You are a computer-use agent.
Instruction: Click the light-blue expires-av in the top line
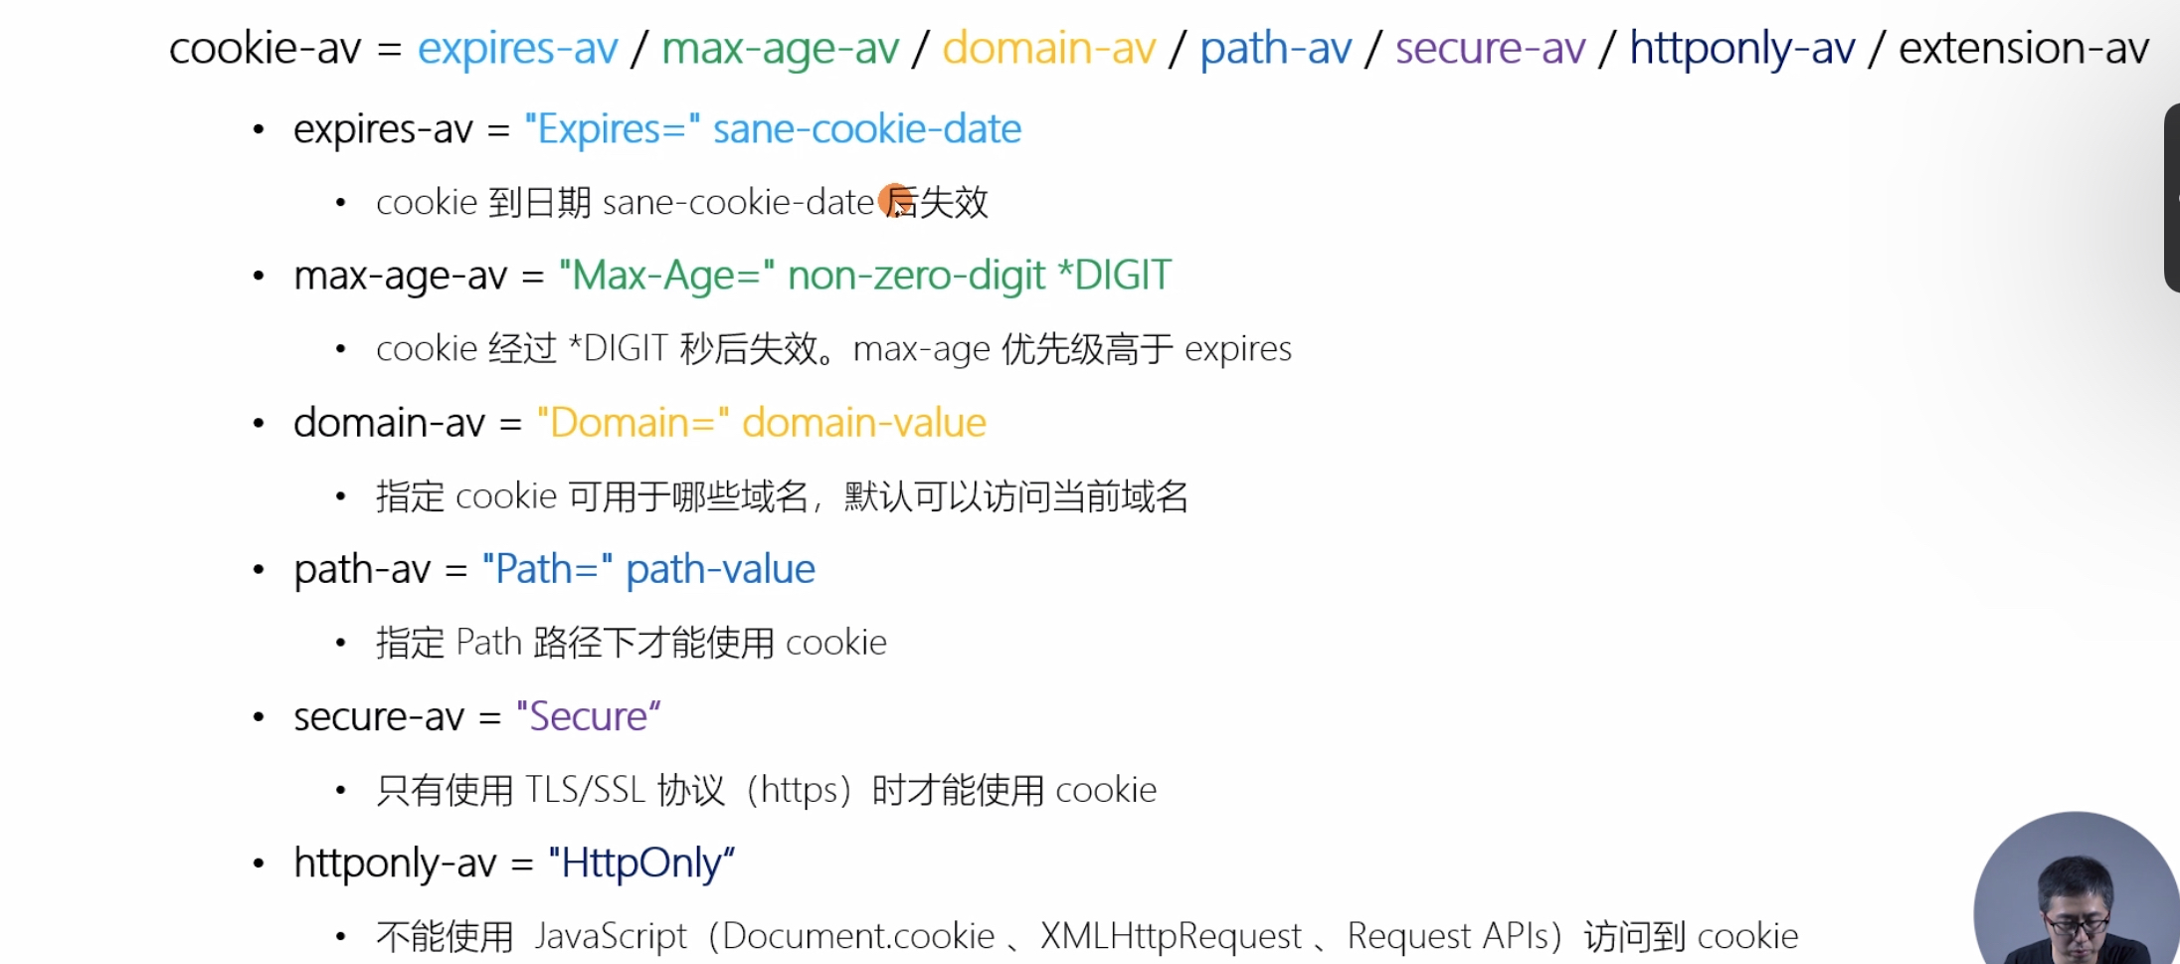click(517, 49)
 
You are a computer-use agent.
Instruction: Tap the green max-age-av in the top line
click(780, 49)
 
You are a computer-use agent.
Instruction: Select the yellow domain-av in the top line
click(1048, 49)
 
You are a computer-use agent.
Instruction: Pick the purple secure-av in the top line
click(1490, 49)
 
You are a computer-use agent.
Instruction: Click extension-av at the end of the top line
click(2023, 49)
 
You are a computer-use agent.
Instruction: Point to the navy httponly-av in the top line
click(1741, 49)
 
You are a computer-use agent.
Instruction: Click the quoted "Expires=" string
click(612, 129)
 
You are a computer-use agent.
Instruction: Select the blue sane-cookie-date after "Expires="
click(866, 129)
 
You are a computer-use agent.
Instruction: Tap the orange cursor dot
click(895, 200)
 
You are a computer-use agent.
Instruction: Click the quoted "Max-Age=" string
click(666, 276)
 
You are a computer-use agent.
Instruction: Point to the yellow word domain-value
click(863, 423)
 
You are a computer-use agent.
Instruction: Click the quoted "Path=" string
click(547, 569)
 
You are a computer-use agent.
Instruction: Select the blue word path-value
click(720, 569)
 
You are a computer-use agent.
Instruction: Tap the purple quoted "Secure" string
click(588, 716)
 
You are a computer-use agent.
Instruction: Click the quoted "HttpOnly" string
click(641, 863)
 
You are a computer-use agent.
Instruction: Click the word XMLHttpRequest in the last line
click(1171, 936)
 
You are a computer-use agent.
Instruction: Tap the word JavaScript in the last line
click(610, 936)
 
